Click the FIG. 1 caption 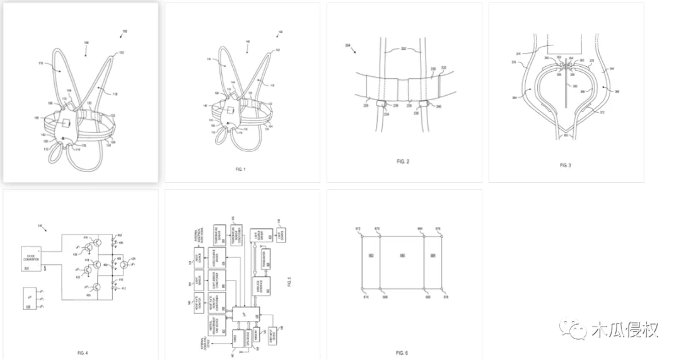240,170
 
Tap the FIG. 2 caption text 404,162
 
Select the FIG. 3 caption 565,165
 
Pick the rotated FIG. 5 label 289,284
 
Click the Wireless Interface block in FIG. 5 261,287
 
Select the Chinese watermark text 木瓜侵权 624,329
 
